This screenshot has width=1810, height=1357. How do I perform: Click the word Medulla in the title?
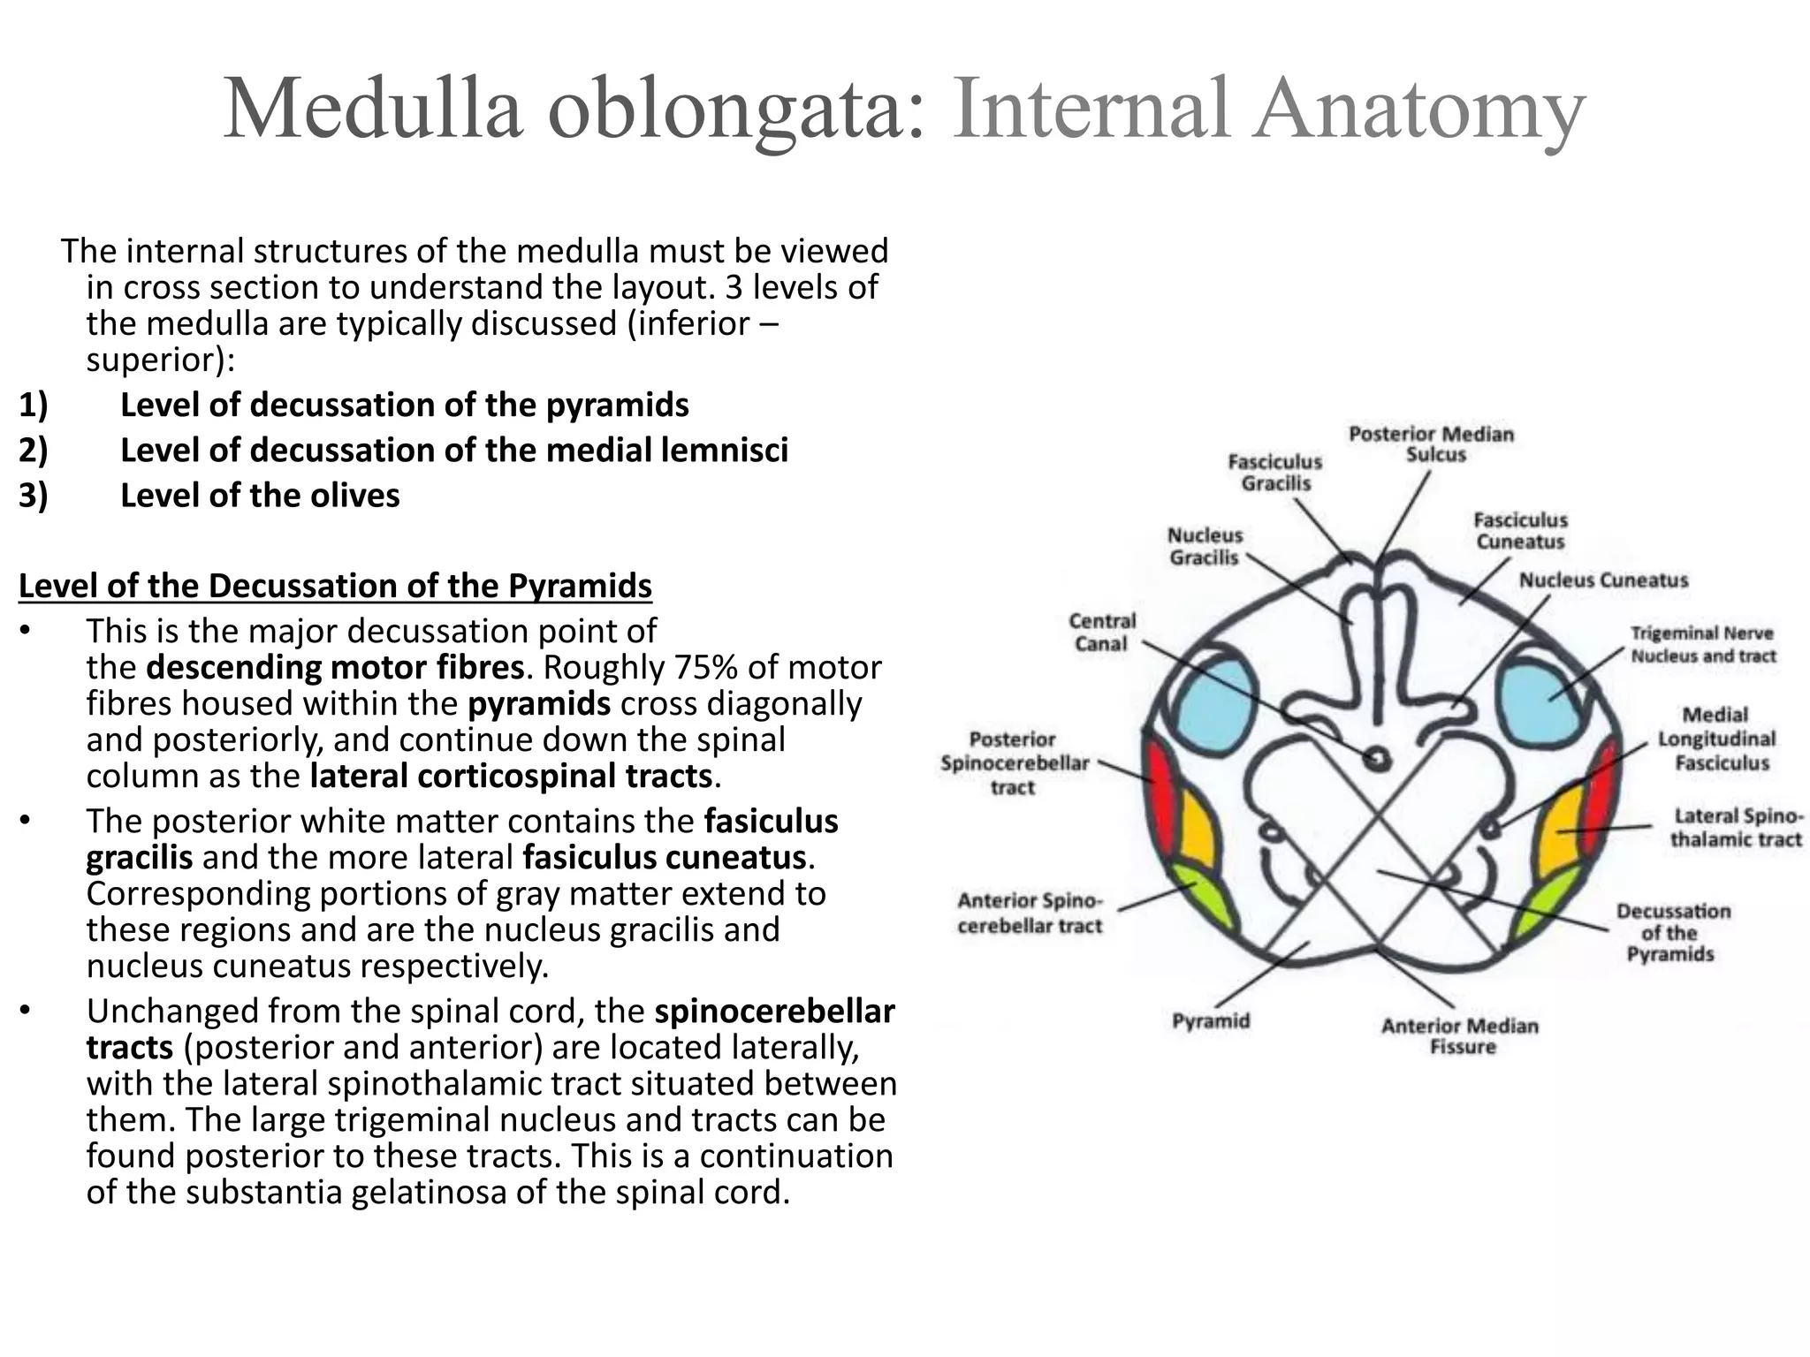point(372,109)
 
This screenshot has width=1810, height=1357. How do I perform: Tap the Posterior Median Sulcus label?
point(1430,444)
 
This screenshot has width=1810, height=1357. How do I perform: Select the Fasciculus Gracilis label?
point(1275,473)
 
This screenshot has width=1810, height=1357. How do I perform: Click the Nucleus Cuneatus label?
point(1603,580)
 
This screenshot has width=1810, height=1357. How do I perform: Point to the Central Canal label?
point(1101,633)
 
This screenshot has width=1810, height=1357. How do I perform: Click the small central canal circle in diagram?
point(1376,759)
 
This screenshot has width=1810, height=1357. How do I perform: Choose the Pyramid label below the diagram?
point(1211,1021)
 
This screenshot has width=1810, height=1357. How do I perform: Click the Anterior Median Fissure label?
point(1460,1036)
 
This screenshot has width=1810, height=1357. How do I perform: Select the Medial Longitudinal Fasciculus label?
point(1715,739)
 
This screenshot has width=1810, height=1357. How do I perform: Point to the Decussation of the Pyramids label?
point(1672,932)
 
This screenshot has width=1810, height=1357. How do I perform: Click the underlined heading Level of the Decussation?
point(335,586)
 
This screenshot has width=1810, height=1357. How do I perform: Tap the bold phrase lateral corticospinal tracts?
point(511,776)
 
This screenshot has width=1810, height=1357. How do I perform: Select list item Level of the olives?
point(260,496)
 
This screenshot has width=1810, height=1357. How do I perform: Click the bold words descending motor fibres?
point(335,667)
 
